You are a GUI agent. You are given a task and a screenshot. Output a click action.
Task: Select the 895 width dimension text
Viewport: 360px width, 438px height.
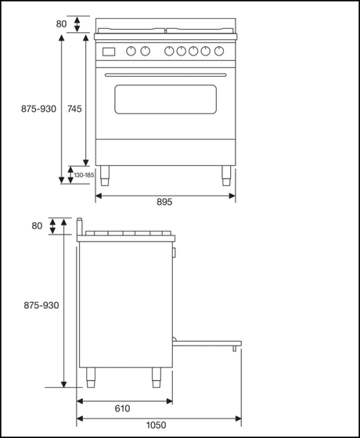click(x=164, y=202)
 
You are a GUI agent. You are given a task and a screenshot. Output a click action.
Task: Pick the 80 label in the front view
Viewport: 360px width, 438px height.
click(x=62, y=23)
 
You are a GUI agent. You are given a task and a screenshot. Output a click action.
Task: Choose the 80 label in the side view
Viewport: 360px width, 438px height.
click(x=37, y=226)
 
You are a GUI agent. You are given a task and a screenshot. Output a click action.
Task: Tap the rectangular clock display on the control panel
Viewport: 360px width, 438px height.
click(x=110, y=52)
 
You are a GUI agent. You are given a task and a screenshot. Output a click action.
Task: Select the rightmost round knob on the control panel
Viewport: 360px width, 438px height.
click(x=217, y=52)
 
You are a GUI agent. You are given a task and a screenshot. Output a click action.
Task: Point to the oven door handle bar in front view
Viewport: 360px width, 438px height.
click(x=164, y=74)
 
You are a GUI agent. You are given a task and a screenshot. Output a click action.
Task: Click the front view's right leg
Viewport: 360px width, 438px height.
click(x=226, y=174)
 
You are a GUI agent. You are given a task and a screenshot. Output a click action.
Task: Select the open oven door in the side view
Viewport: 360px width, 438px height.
click(x=207, y=341)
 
